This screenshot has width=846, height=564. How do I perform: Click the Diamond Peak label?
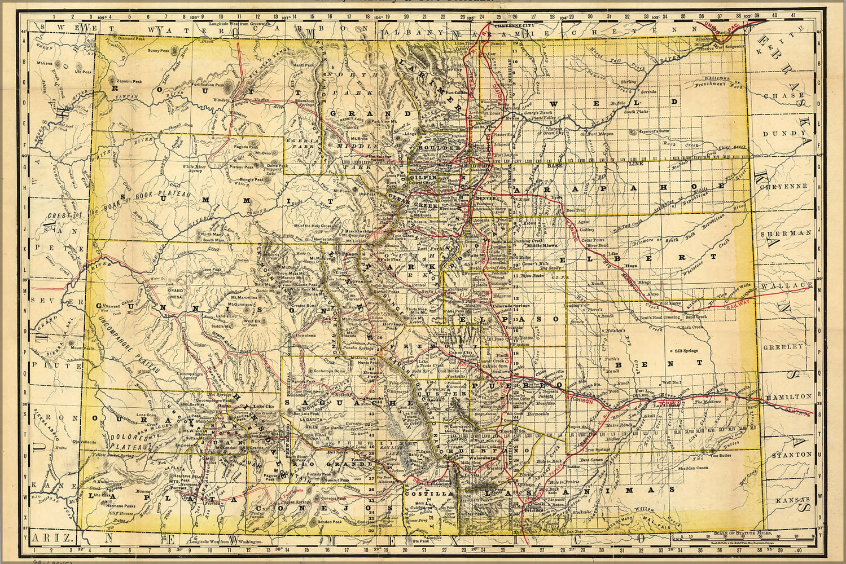click(x=131, y=38)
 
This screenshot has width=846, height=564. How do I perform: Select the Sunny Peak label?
click(x=159, y=51)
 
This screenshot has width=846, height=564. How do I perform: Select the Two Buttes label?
click(x=722, y=456)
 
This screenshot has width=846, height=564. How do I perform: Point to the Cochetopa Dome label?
click(x=325, y=371)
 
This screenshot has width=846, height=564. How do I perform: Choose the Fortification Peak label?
click(x=208, y=84)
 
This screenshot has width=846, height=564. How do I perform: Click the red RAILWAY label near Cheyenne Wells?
click(x=737, y=305)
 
